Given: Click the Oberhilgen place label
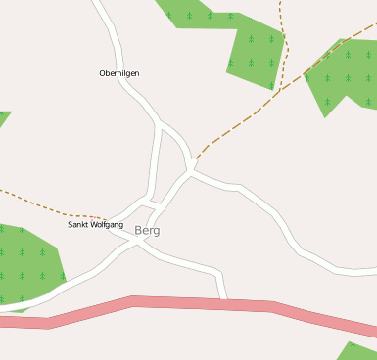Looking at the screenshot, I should pyautogui.click(x=119, y=73).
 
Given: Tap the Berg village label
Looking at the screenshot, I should pyautogui.click(x=147, y=231).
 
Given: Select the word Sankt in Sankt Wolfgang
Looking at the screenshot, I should pyautogui.click(x=78, y=225).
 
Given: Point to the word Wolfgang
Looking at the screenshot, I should pyautogui.click(x=107, y=225).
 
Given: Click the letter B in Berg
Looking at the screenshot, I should pyautogui.click(x=139, y=231).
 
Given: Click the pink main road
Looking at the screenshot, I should pyautogui.click(x=196, y=303).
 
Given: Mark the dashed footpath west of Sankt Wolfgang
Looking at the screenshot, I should pyautogui.click(x=39, y=203).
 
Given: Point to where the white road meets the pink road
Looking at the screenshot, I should pyautogui.click(x=225, y=299).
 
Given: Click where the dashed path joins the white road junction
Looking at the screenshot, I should pyautogui.click(x=194, y=159).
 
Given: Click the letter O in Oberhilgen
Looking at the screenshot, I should pyautogui.click(x=103, y=73).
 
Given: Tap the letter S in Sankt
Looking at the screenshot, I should pyautogui.click(x=70, y=225).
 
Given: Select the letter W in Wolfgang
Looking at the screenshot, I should pyautogui.click(x=94, y=225).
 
